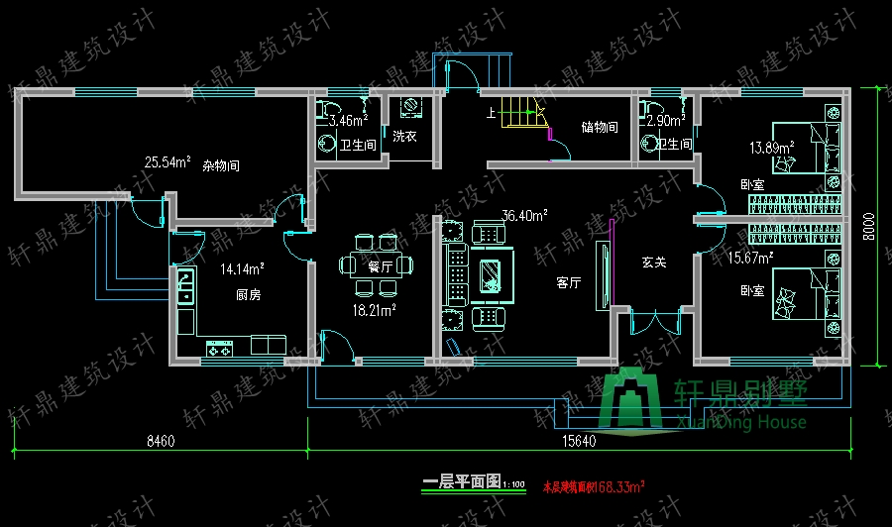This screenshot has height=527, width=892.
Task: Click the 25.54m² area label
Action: pyautogui.click(x=167, y=161)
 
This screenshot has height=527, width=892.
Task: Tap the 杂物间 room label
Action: pyautogui.click(x=221, y=165)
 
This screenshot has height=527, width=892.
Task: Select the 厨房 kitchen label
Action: pyautogui.click(x=248, y=295)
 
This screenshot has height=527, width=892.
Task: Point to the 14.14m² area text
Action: pyautogui.click(x=242, y=267)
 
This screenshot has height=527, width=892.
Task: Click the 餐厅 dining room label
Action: pyautogui.click(x=381, y=266)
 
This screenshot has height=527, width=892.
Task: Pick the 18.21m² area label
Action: pyautogui.click(x=376, y=310)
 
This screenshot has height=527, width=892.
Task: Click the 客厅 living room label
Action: pyautogui.click(x=568, y=282)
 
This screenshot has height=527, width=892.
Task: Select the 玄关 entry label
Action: pyautogui.click(x=652, y=263)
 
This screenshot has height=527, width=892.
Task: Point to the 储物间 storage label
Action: pyautogui.click(x=600, y=127)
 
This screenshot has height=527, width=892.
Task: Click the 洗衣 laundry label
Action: pyautogui.click(x=403, y=136)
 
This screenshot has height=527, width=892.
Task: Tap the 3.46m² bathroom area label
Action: pyautogui.click(x=348, y=121)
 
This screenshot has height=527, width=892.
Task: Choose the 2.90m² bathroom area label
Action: pyautogui.click(x=664, y=121)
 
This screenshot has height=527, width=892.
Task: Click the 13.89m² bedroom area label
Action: pyautogui.click(x=772, y=149)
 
